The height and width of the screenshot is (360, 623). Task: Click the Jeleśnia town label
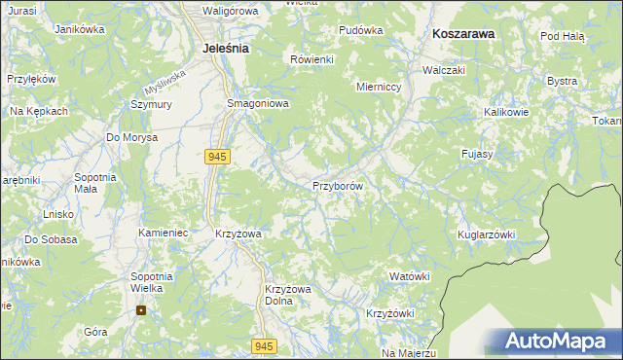click(x=224, y=47)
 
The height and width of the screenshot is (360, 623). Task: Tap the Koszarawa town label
click(x=463, y=33)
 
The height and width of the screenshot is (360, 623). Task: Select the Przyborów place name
click(x=338, y=186)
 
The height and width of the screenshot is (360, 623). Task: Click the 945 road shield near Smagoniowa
click(x=217, y=156)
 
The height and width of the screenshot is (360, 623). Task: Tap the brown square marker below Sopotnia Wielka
click(x=141, y=311)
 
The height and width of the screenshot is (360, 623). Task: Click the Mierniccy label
click(x=380, y=86)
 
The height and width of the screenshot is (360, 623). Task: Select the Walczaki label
click(x=443, y=71)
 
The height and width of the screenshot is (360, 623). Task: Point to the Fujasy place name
click(x=478, y=154)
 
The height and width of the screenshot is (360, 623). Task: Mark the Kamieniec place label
click(x=163, y=234)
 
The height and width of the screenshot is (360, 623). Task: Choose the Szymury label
click(x=151, y=104)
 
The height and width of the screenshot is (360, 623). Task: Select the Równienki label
click(x=312, y=59)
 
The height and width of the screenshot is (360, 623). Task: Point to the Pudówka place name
click(x=360, y=30)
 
